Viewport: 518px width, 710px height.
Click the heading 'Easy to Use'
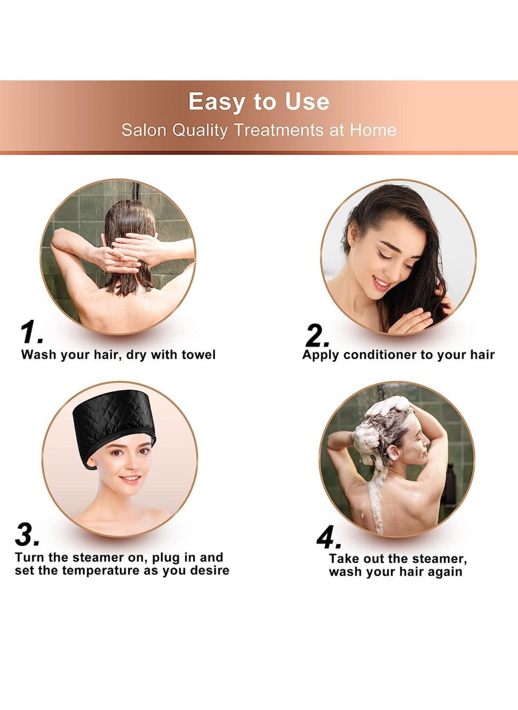tap(259, 102)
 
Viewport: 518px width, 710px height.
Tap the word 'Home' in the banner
tap(373, 130)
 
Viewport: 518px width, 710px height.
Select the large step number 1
tap(31, 333)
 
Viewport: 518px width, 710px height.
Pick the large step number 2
tap(317, 336)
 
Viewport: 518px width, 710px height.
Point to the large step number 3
tap(28, 535)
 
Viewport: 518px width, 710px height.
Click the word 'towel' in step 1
tap(198, 354)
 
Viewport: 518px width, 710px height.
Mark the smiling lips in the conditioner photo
tap(381, 283)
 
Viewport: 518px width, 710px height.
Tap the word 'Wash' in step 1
tap(36, 354)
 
